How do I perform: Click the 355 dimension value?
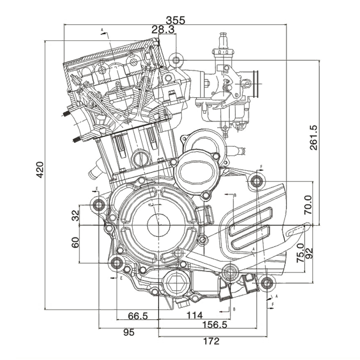click(175, 20)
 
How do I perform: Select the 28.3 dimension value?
click(163, 30)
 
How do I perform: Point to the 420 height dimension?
click(39, 170)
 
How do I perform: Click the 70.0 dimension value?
click(308, 206)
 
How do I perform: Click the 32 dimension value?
click(75, 216)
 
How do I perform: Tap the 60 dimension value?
click(75, 242)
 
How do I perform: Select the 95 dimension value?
click(128, 333)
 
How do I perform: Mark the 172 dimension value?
click(211, 341)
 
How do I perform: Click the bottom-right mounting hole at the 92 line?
click(266, 283)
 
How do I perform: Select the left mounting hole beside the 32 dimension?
click(98, 205)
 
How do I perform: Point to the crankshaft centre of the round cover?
click(159, 225)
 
